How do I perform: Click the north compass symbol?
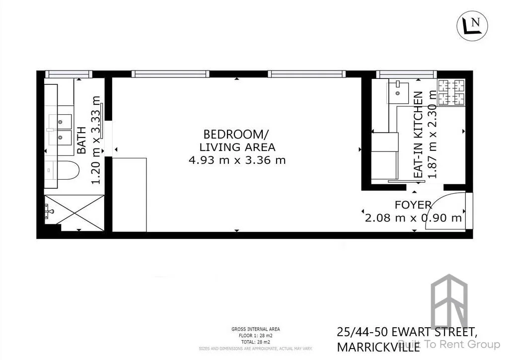tap(472, 25)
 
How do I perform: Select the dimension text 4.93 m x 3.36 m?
tap(237, 160)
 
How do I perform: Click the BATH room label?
tap(82, 140)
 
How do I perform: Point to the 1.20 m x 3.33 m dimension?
tap(96, 141)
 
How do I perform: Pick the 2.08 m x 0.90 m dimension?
tap(413, 217)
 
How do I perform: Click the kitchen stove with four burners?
tap(451, 92)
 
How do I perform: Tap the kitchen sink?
tap(398, 91)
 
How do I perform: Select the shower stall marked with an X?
tap(74, 213)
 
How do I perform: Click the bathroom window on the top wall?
tap(68, 74)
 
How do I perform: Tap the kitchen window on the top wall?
tap(406, 74)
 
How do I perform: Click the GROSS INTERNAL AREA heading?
tap(255, 329)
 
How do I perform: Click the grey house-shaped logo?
tap(449, 303)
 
